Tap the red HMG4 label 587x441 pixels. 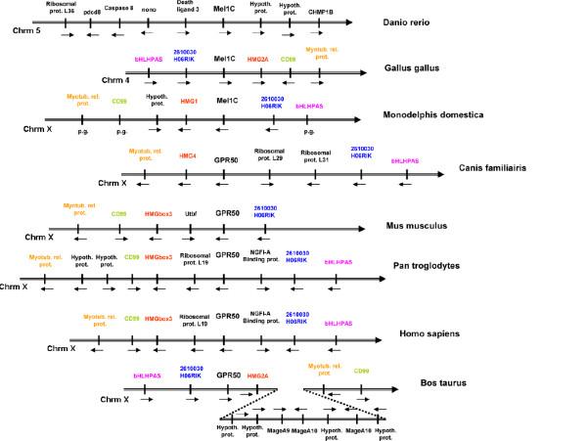tap(188, 155)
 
